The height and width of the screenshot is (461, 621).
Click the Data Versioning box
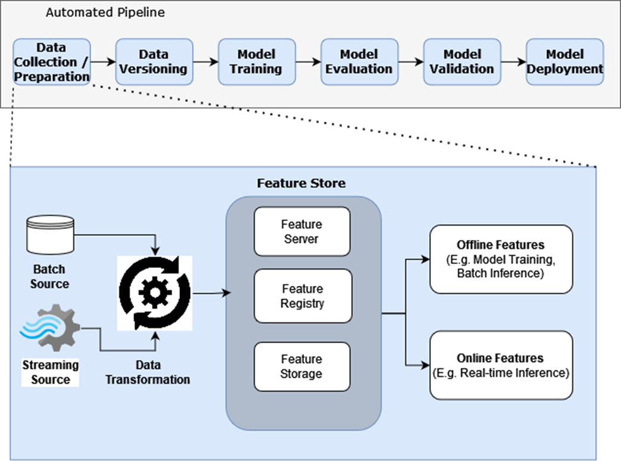pyautogui.click(x=154, y=61)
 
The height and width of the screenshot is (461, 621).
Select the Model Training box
pyautogui.click(x=256, y=61)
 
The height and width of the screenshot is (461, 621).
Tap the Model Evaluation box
pyautogui.click(x=359, y=61)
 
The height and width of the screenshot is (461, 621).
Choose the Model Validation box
pyautogui.click(x=461, y=61)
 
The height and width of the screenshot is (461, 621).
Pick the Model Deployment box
pyautogui.click(x=564, y=61)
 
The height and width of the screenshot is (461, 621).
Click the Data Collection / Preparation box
pyautogui.click(x=52, y=61)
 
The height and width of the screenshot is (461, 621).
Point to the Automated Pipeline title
pyautogui.click(x=105, y=12)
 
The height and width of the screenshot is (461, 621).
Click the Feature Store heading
pyautogui.click(x=301, y=183)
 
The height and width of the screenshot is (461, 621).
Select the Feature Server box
pyautogui.click(x=302, y=231)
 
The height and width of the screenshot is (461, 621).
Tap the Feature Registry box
pyautogui.click(x=302, y=296)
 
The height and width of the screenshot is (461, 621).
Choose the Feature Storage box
pyautogui.click(x=302, y=366)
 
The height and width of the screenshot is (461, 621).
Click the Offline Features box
pyautogui.click(x=501, y=259)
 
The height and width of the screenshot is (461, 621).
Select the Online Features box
pyautogui.click(x=501, y=365)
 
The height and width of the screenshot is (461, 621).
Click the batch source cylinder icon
pyautogui.click(x=51, y=233)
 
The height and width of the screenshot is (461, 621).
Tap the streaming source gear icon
pyautogui.click(x=51, y=327)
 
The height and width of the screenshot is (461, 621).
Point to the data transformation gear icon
pyautogui.click(x=155, y=293)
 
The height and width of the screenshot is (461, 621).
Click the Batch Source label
pyautogui.click(x=49, y=277)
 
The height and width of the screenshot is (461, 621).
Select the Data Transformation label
pyautogui.click(x=148, y=372)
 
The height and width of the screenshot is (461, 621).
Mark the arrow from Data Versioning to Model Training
pyautogui.click(x=205, y=61)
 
